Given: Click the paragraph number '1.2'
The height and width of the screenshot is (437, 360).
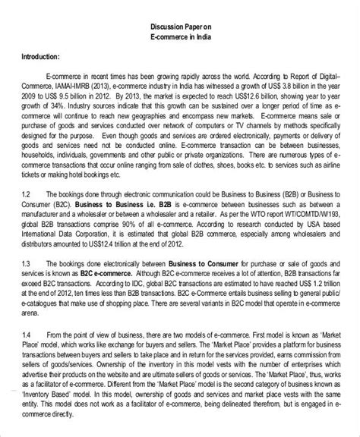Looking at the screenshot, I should (x=27, y=193).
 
